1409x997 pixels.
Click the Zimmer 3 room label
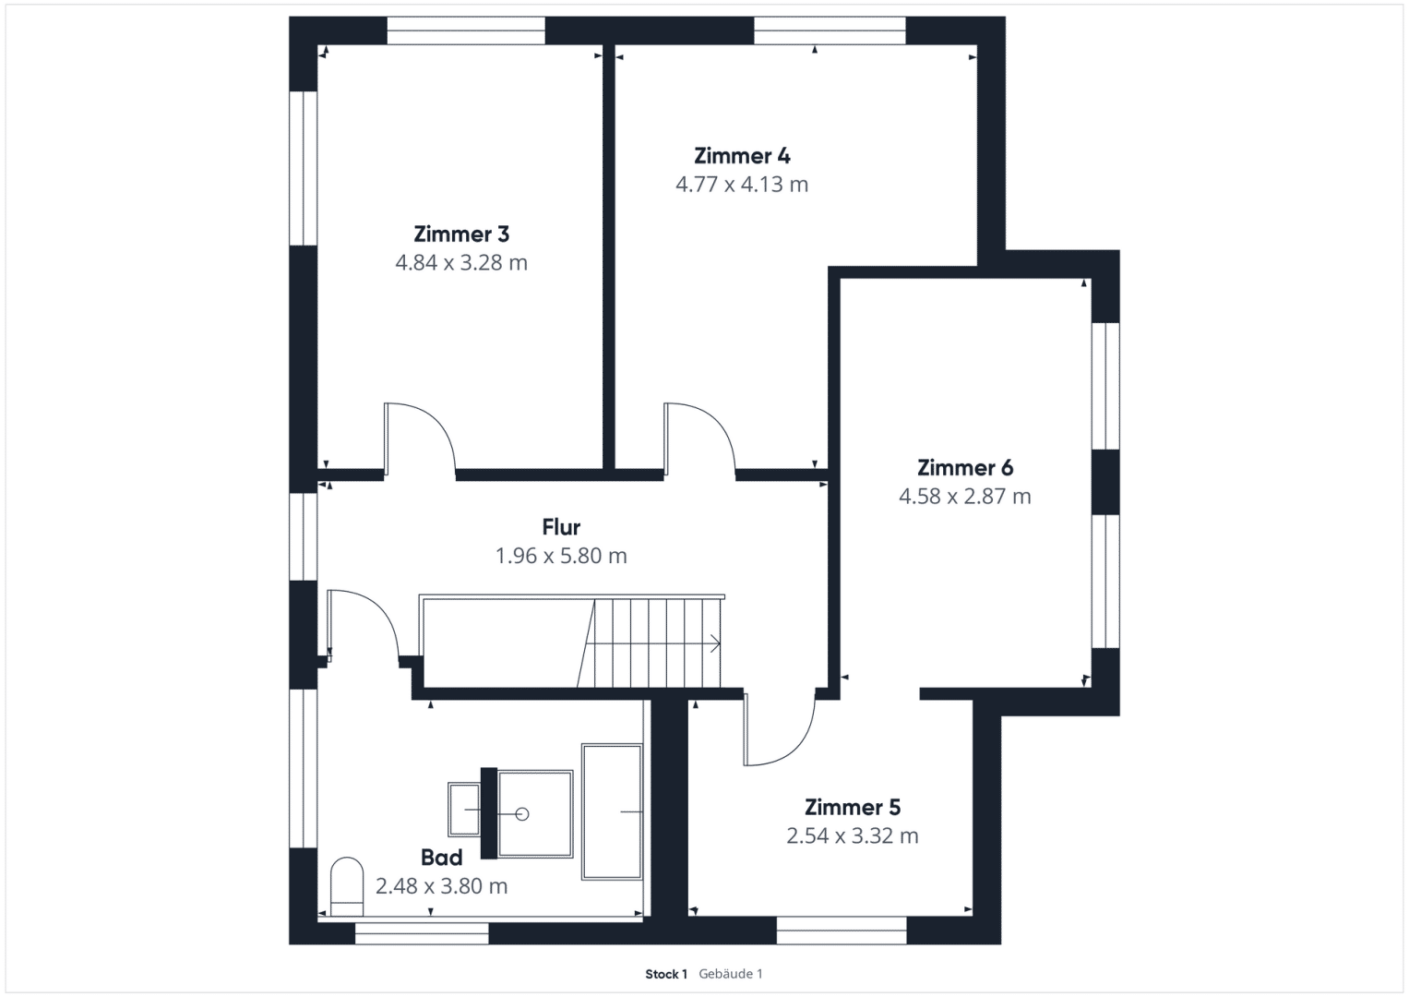coord(461,234)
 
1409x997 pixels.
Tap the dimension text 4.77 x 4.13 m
coord(742,185)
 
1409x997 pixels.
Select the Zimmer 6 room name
coord(965,468)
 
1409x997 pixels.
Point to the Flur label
coord(561,527)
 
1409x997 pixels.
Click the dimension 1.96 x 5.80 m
coord(561,556)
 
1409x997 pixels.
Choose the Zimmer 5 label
coord(853,807)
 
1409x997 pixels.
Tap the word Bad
coord(442,858)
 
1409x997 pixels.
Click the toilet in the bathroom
coord(347,887)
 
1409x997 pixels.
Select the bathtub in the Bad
coord(612,812)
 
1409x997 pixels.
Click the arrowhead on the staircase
coord(716,644)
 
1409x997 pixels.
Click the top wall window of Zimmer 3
coord(465,30)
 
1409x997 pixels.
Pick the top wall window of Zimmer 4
coord(830,30)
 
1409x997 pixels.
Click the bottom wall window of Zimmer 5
coord(842,931)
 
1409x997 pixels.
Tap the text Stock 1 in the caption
coord(666,974)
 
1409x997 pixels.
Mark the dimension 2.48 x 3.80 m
coord(442,886)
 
